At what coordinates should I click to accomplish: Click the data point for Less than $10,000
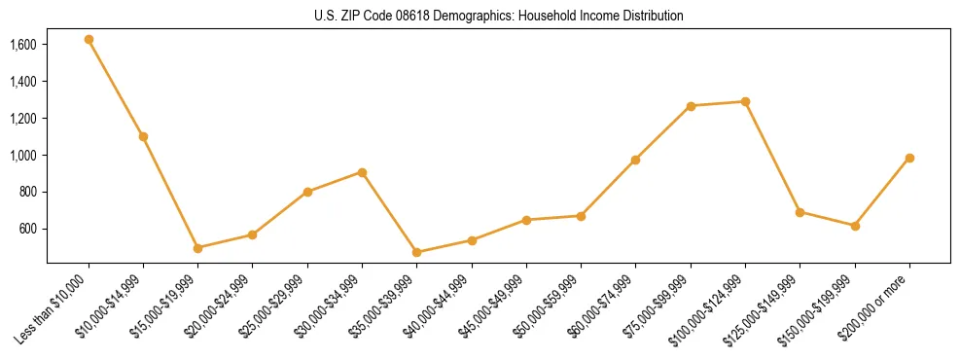[x=89, y=40]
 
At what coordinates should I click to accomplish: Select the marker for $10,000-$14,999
[x=143, y=136]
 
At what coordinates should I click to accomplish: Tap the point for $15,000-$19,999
[x=197, y=248]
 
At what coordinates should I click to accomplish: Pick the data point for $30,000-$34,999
[x=362, y=172]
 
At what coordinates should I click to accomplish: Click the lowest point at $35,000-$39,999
[x=416, y=252]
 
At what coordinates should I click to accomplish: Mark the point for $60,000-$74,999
[x=635, y=160]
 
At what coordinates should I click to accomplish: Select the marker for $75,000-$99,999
[x=691, y=106]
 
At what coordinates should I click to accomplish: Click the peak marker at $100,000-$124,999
[x=745, y=101]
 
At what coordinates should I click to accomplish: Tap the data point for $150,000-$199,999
[x=855, y=226]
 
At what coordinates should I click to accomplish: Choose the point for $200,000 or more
[x=909, y=158]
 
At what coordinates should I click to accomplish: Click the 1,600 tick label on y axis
[x=23, y=45]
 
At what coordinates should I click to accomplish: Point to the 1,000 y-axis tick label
[x=23, y=156]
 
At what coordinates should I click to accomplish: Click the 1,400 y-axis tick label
[x=23, y=82]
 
